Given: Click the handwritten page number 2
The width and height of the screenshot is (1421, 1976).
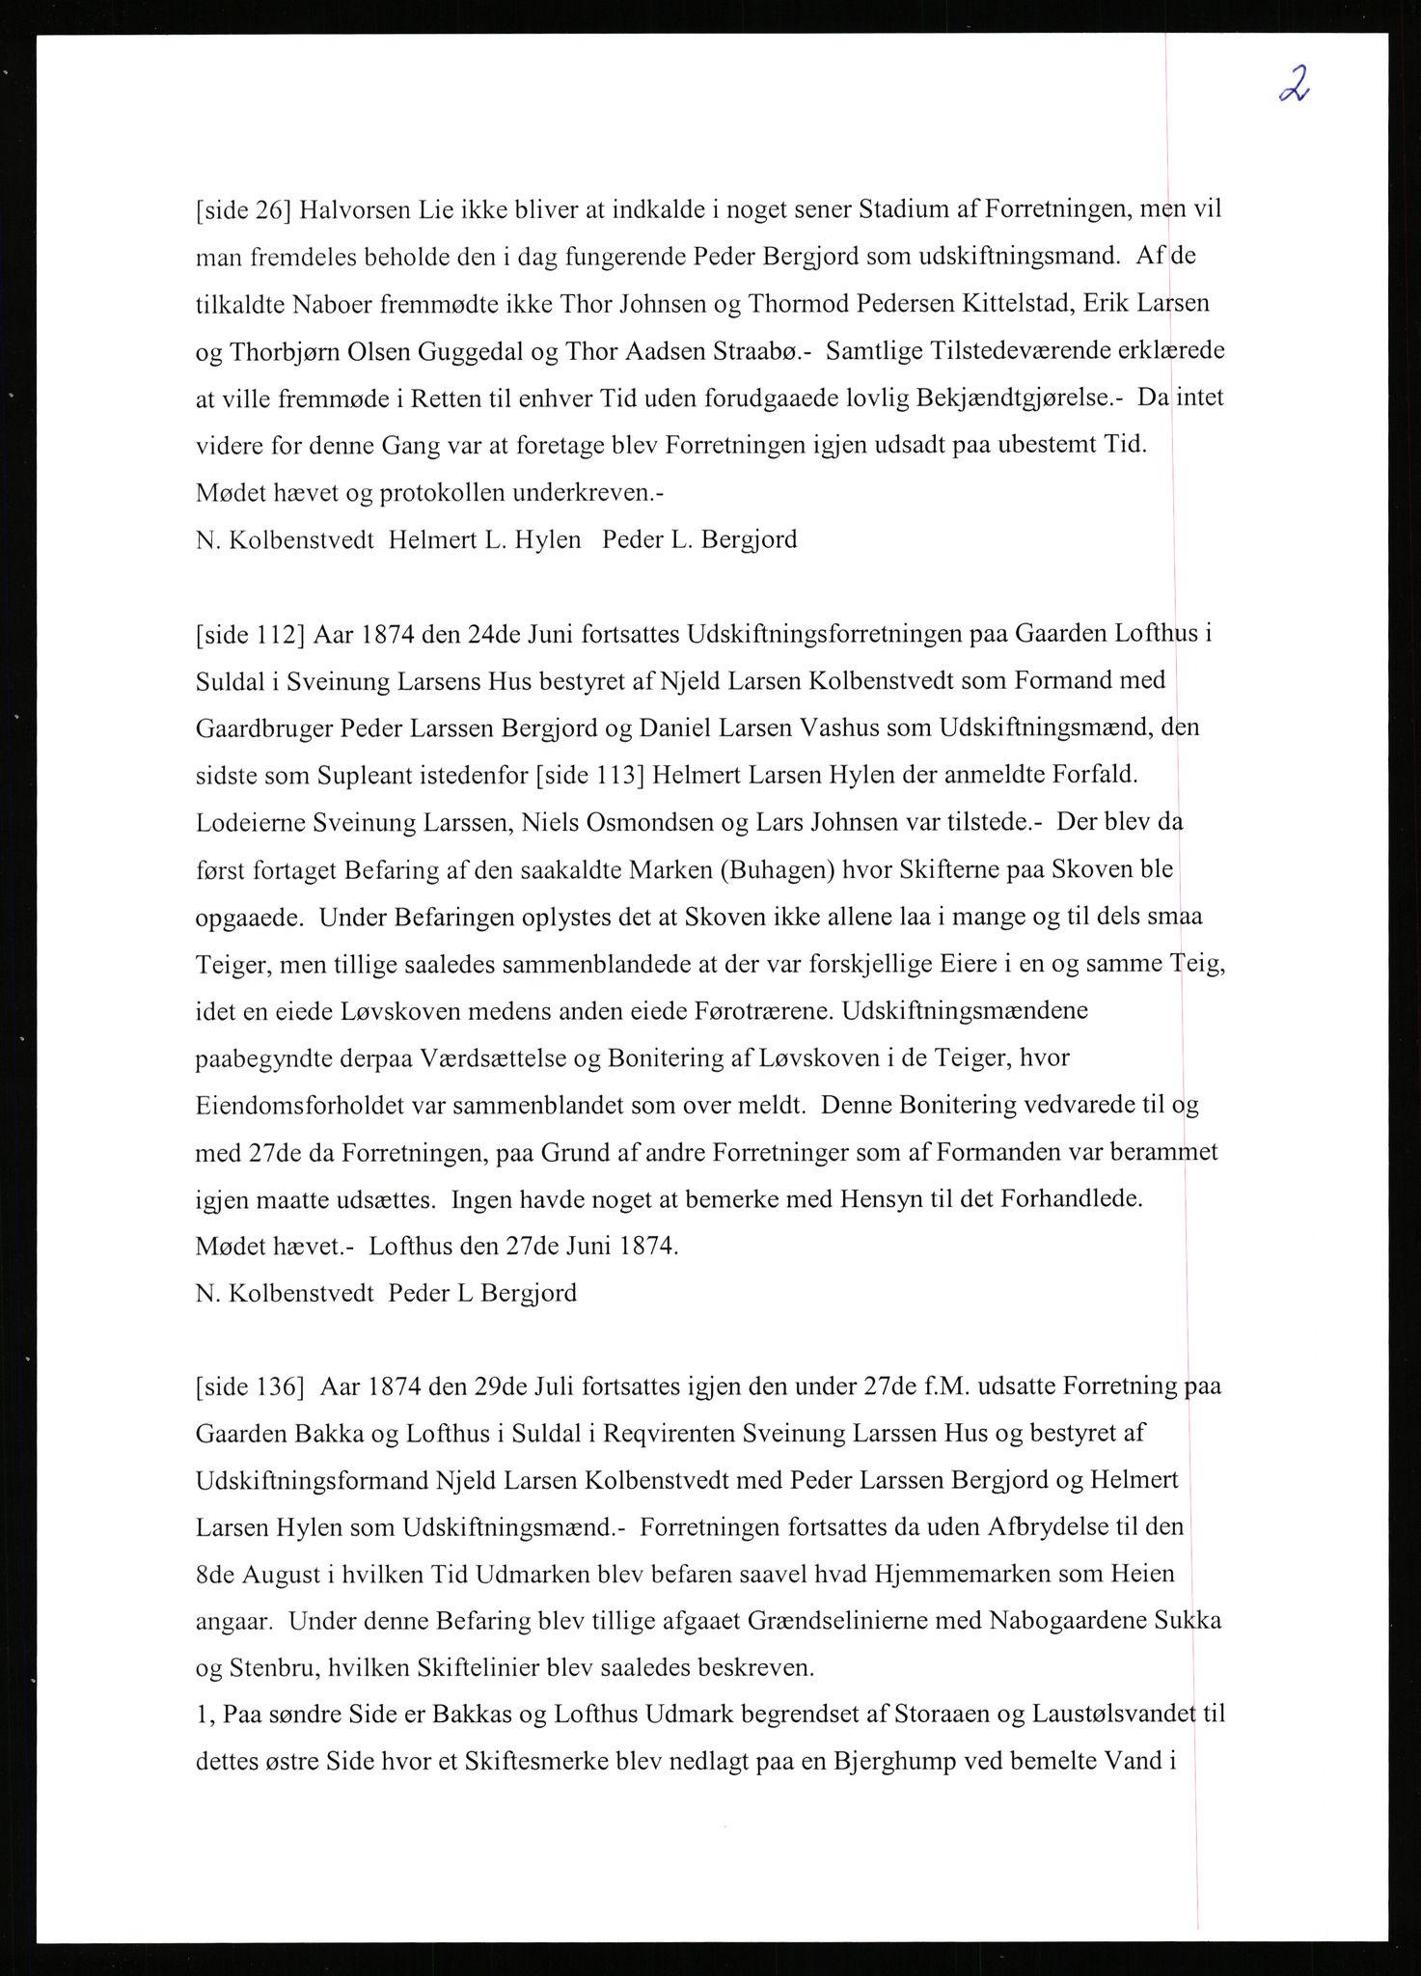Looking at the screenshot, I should click(1295, 86).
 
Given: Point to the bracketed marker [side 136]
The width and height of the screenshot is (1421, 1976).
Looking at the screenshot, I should click(250, 1387).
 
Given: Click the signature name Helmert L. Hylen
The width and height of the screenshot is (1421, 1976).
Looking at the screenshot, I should click(484, 539).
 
